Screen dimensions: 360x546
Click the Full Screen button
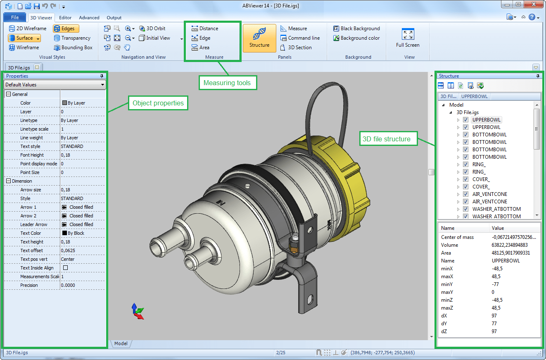[407, 38]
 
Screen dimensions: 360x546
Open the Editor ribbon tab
[65, 18]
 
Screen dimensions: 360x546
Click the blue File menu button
[15, 17]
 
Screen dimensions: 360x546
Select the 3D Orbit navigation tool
[152, 29]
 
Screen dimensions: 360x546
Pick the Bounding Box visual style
[73, 48]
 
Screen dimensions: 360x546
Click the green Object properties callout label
[158, 103]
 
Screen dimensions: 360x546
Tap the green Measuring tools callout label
[227, 83]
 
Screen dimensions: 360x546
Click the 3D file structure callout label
[387, 139]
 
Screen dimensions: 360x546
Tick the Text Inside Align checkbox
[65, 268]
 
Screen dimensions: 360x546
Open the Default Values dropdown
[55, 85]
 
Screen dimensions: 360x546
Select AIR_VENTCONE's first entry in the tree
[489, 194]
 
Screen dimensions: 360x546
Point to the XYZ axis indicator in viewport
[138, 311]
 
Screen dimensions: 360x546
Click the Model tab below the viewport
[121, 343]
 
